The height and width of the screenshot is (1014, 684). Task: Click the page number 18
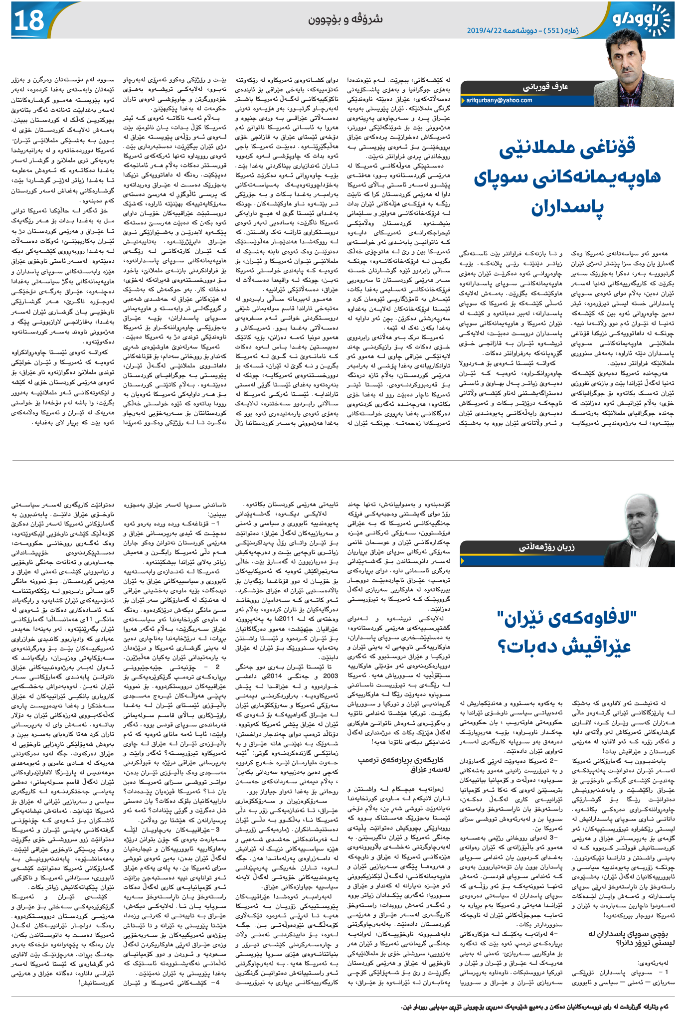pos(29,20)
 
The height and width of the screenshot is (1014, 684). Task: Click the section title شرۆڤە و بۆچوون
pos(345,19)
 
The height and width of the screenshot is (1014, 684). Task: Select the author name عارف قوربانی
pos(545,87)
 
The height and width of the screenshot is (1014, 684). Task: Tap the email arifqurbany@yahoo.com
pos(500,100)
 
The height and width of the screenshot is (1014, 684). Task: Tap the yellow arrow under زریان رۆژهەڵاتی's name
pos(464,561)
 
